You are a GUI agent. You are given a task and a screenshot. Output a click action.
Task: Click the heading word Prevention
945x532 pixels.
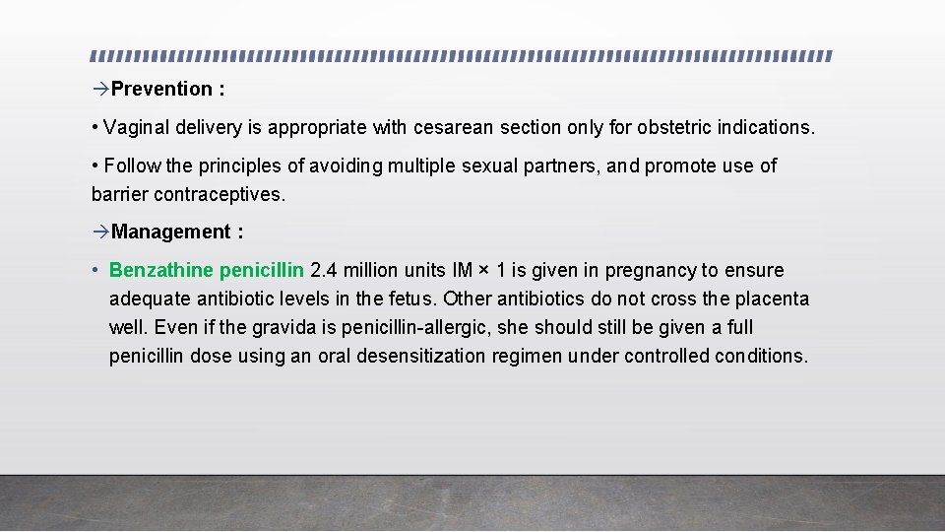(161, 89)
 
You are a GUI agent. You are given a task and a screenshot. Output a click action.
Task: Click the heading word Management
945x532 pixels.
(170, 232)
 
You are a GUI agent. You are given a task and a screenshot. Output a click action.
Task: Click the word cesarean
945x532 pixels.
(454, 128)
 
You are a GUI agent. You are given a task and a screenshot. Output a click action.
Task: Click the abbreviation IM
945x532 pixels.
(462, 270)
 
